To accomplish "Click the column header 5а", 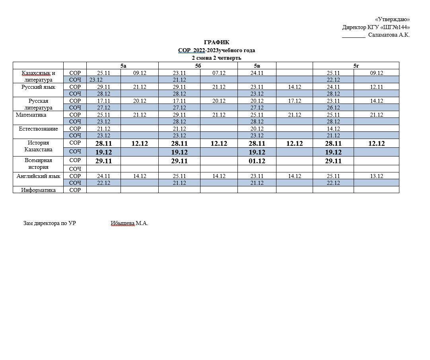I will click(123, 66).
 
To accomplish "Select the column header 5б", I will click(198, 66).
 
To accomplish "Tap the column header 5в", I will click(257, 66).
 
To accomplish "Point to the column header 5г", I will click(356, 66).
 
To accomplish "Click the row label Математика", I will click(31, 115).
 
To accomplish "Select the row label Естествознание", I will click(38, 129).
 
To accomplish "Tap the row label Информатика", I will click(38, 190).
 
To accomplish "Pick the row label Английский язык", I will click(38, 176).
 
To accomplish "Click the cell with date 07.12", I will click(219, 73).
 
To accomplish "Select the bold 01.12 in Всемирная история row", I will click(257, 161).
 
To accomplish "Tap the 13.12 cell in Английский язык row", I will click(376, 176).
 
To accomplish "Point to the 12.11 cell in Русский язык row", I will click(376, 87).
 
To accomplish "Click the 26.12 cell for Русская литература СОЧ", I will click(333, 108).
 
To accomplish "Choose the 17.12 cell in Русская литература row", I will click(294, 101).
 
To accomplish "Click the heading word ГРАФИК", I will click(216, 43).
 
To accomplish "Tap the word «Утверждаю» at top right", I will click(392, 20).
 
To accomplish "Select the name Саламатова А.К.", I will click(389, 35).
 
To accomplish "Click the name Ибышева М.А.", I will click(129, 223).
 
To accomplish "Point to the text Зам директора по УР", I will click(50, 223).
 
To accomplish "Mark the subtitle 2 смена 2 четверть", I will click(216, 58).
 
